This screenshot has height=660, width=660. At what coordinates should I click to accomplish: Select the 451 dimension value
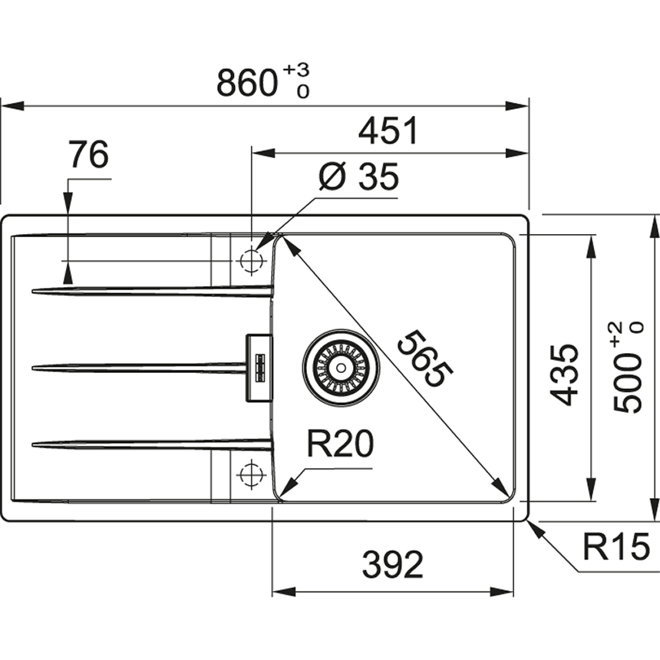pyautogui.click(x=388, y=131)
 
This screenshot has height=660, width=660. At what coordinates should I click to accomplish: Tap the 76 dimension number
pyautogui.click(x=87, y=156)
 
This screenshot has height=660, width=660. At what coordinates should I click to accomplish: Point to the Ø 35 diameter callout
pyautogui.click(x=358, y=178)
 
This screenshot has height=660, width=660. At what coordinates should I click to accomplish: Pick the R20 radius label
pyautogui.click(x=339, y=445)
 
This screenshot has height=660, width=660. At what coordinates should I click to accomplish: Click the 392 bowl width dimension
pyautogui.click(x=393, y=566)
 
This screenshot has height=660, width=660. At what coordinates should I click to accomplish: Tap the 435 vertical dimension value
pyautogui.click(x=566, y=375)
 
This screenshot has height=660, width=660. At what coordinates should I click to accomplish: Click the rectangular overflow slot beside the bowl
pyautogui.click(x=258, y=367)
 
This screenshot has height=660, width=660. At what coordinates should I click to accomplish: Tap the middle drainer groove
pyautogui.click(x=138, y=368)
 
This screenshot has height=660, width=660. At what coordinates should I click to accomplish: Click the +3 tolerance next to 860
pyautogui.click(x=296, y=71)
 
